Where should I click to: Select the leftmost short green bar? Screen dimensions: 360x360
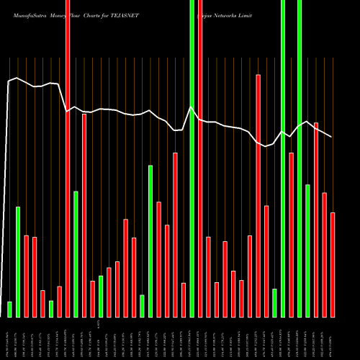[x=9, y=309]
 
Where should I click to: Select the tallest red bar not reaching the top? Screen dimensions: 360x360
[x=258, y=195]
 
